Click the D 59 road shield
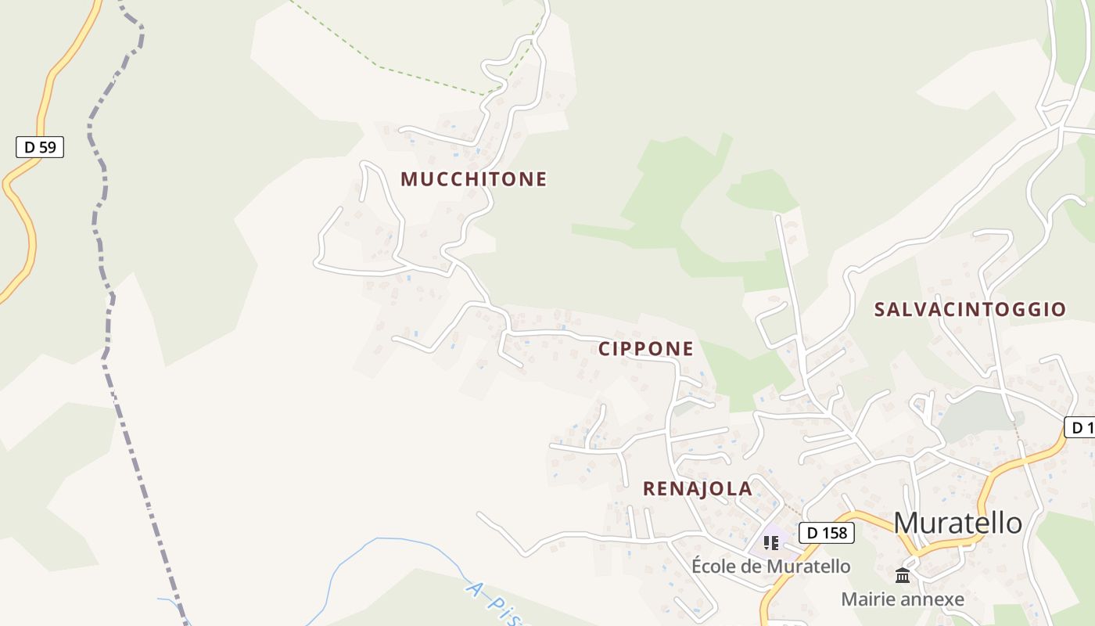pyautogui.click(x=39, y=146)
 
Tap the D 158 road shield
pyautogui.click(x=826, y=533)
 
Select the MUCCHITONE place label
pyautogui.click(x=473, y=179)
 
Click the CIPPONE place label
pyautogui.click(x=645, y=349)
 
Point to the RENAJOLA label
pyautogui.click(x=697, y=489)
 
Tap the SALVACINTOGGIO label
pyautogui.click(x=970, y=309)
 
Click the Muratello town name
pyautogui.click(x=957, y=523)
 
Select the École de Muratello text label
pyautogui.click(x=770, y=566)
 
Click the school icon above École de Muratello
pyautogui.click(x=771, y=542)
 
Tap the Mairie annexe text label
pyautogui.click(x=902, y=599)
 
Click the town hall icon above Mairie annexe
pyautogui.click(x=903, y=576)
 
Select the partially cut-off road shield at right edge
pyautogui.click(x=1081, y=427)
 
